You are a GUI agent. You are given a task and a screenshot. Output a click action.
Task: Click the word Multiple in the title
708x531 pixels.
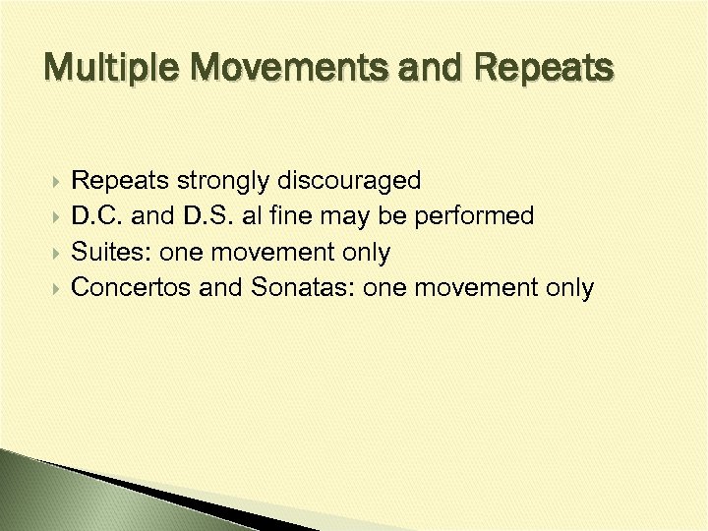click(x=105, y=68)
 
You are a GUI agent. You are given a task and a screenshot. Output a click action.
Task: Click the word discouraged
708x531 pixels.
click(x=350, y=181)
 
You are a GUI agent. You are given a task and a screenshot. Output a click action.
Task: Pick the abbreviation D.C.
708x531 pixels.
click(x=96, y=216)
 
